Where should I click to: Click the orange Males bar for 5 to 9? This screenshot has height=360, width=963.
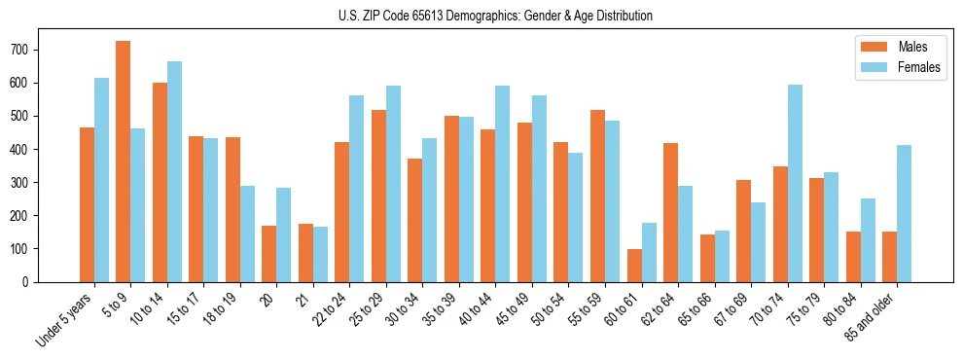point(124,162)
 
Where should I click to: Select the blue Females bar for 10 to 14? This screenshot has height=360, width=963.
point(174,171)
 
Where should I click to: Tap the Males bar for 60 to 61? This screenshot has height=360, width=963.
point(634,266)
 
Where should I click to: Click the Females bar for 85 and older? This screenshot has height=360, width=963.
point(904,213)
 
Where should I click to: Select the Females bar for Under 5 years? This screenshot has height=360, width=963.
point(101,180)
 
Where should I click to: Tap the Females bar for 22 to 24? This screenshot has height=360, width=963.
point(357,189)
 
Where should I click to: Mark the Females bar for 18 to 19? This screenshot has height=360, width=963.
point(247,234)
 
